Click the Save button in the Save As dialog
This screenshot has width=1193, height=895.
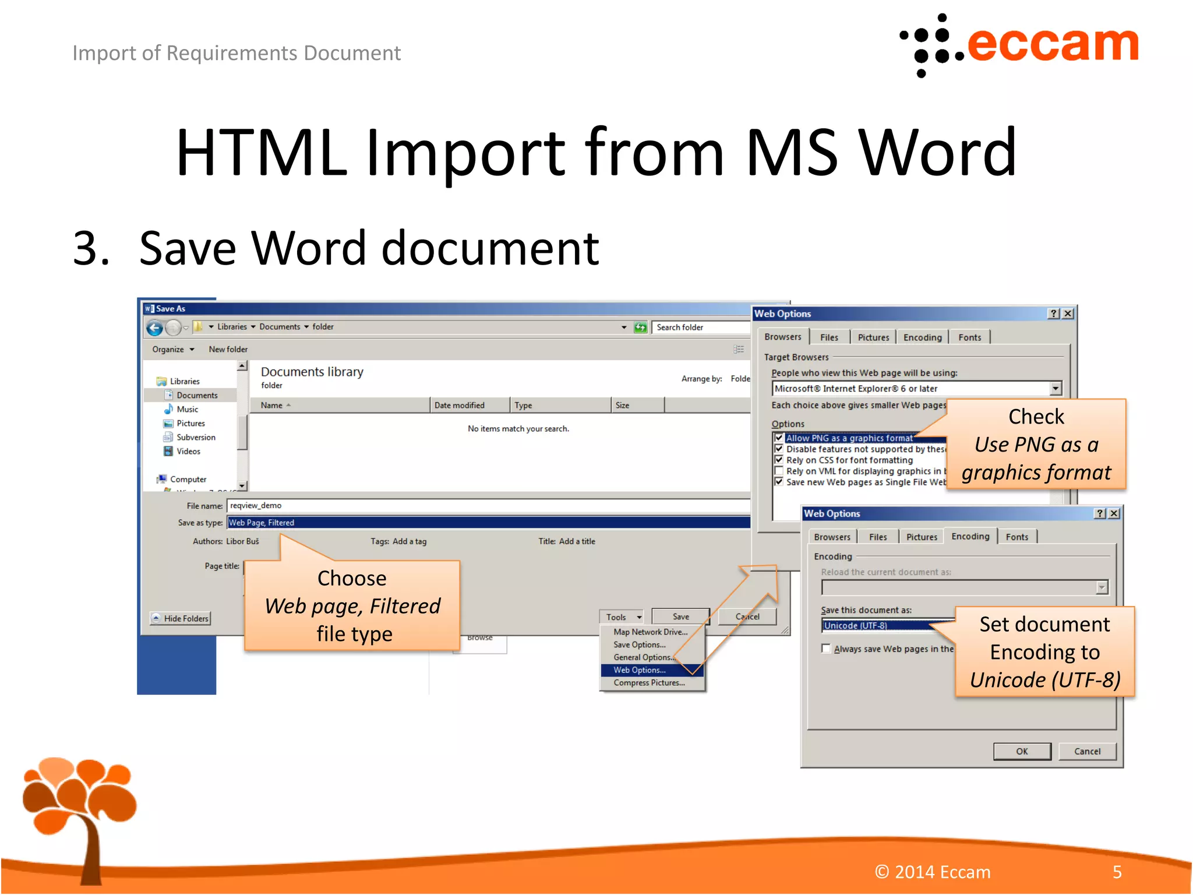pyautogui.click(x=680, y=616)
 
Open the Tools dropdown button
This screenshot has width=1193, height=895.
pyautogui.click(x=622, y=617)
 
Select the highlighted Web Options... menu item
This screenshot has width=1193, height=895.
pyautogui.click(x=640, y=670)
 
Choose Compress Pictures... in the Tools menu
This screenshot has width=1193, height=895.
pyautogui.click(x=649, y=683)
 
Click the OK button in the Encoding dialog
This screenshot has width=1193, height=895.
pyautogui.click(x=1022, y=751)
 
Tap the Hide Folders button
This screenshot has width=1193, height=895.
pyautogui.click(x=181, y=618)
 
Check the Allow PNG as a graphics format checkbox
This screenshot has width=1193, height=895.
pyautogui.click(x=779, y=438)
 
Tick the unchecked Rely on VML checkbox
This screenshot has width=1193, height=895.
pyautogui.click(x=779, y=471)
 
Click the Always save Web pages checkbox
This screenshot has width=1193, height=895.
pyautogui.click(x=826, y=649)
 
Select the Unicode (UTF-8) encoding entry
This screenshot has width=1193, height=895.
pyautogui.click(x=856, y=626)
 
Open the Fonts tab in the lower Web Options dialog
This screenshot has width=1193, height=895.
pyautogui.click(x=1016, y=537)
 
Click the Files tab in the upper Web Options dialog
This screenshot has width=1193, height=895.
pyautogui.click(x=829, y=337)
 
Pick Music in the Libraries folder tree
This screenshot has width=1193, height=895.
pyautogui.click(x=187, y=409)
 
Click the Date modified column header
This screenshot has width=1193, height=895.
pyautogui.click(x=459, y=405)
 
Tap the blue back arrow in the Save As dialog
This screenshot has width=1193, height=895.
pyautogui.click(x=154, y=328)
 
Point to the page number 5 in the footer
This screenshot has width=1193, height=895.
pyautogui.click(x=1117, y=872)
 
